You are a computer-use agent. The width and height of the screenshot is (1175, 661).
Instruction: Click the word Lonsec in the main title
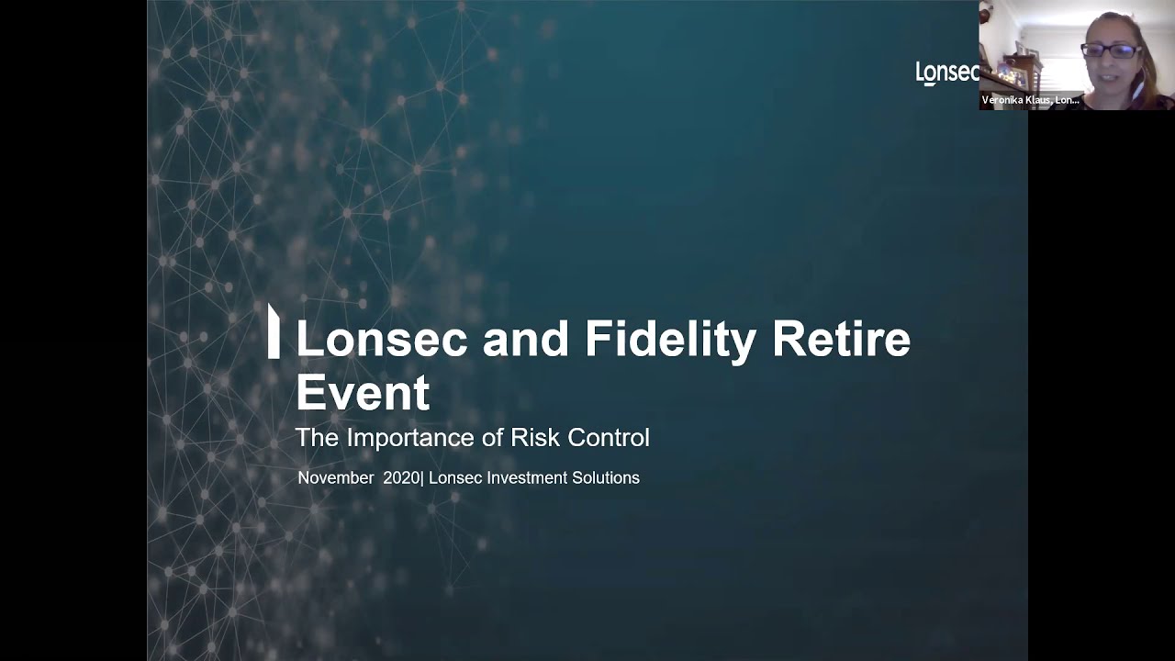381,339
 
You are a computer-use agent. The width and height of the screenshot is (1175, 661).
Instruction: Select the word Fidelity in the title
670,339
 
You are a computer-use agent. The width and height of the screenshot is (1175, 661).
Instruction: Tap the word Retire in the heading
841,339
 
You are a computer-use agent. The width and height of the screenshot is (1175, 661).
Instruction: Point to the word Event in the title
362,393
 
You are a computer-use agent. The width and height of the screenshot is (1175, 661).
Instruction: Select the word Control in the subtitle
608,438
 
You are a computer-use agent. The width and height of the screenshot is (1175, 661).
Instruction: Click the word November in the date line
335,478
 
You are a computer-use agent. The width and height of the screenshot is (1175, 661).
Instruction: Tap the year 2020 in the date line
401,478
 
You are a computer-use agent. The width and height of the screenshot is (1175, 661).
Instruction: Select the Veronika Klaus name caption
1030,100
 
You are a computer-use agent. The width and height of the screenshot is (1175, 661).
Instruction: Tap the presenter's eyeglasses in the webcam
1111,50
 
